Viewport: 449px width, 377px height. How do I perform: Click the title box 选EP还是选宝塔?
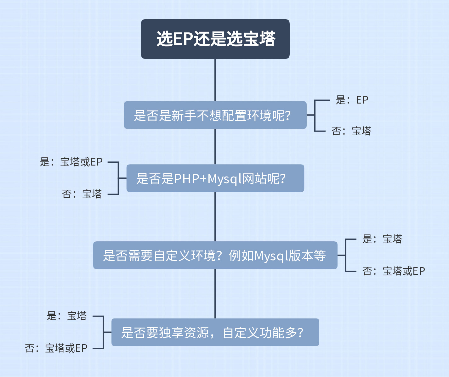215,39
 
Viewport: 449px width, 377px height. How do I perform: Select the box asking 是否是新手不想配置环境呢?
215,115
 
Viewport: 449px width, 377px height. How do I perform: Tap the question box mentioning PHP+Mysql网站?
215,178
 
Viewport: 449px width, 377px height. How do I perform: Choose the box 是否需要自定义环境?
215,255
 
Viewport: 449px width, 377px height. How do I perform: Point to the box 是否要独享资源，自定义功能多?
215,332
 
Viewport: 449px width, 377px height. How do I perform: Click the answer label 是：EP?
352,100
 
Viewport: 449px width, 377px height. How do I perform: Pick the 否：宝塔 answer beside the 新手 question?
351,131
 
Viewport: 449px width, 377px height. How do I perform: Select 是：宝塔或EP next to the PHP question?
71,162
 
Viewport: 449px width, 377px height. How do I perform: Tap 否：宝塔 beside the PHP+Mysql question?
82,194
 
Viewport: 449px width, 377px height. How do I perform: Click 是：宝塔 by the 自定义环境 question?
382,239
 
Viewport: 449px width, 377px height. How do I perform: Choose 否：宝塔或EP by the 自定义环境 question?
394,271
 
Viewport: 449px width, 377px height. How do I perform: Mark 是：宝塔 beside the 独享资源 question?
66,316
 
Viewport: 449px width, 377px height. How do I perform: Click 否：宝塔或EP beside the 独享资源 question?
56,348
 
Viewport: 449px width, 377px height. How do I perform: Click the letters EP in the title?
183,39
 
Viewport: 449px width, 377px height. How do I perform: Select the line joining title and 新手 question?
215,80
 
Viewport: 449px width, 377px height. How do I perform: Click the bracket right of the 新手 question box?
315,115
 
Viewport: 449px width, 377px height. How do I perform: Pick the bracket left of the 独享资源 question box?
103,332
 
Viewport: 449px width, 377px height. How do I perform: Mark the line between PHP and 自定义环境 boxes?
215,217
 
